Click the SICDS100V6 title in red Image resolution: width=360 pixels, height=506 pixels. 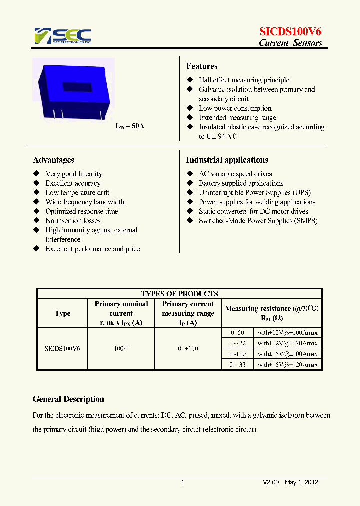click(x=290, y=31)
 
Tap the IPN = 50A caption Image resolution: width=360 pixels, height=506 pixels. click(x=130, y=126)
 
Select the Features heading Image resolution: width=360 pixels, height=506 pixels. click(x=202, y=66)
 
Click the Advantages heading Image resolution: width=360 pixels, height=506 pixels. click(x=53, y=160)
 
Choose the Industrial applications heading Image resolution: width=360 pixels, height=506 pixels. click(x=227, y=160)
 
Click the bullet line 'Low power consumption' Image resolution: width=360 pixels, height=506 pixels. click(x=235, y=108)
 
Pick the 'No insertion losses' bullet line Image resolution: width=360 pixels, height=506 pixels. click(x=73, y=221)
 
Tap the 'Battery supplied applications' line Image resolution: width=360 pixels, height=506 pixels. click(x=241, y=183)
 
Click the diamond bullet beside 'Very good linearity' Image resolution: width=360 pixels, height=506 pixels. click(x=36, y=174)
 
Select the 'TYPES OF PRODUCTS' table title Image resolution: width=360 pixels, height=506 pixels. click(x=179, y=294)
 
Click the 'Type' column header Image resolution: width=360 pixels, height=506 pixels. click(x=62, y=313)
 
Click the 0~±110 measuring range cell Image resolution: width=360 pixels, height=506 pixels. click(x=188, y=348)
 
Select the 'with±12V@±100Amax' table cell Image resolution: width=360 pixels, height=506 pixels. click(x=287, y=333)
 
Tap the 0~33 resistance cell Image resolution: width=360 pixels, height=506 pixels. click(x=238, y=365)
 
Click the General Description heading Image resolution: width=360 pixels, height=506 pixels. click(x=68, y=399)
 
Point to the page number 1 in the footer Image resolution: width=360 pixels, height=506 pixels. click(x=183, y=482)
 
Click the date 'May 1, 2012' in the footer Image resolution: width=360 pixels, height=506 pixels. click(x=301, y=482)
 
